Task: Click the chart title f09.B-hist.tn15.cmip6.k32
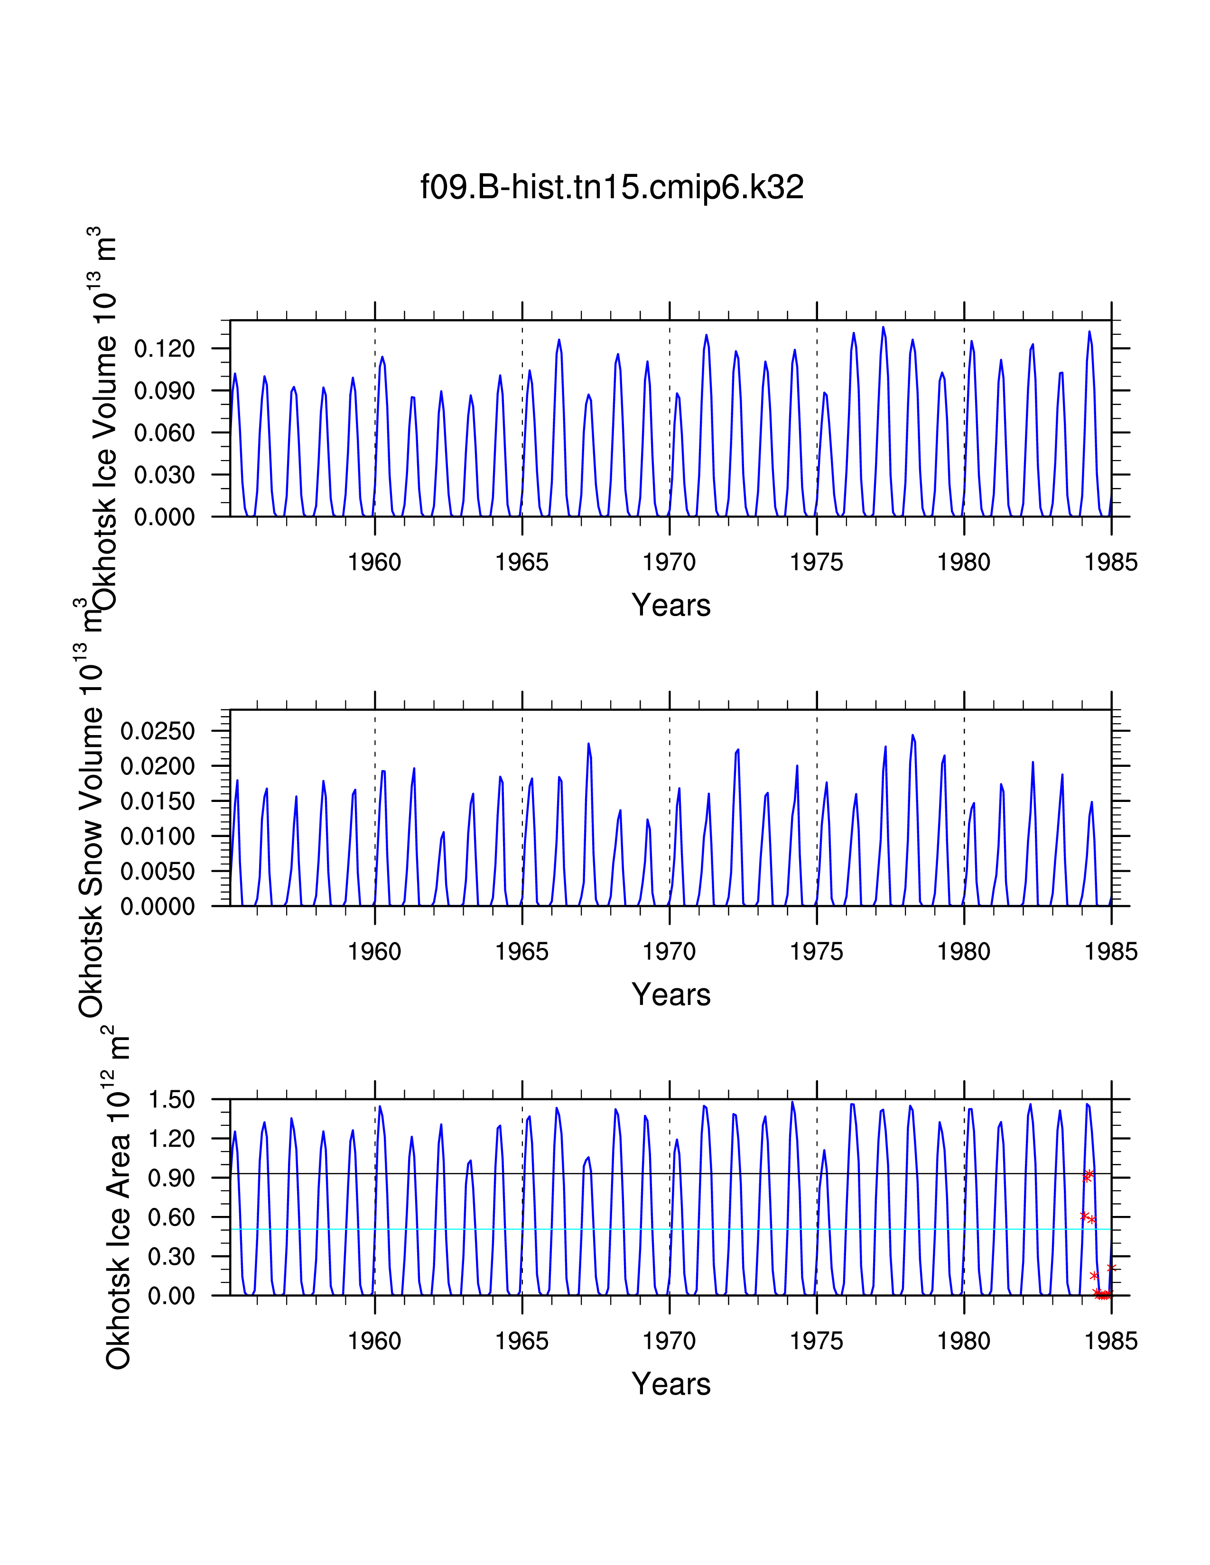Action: coord(612,187)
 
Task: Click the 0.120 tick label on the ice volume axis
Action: coord(164,349)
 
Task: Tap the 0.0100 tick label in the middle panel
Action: coord(158,836)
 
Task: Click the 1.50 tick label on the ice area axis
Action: coord(171,1100)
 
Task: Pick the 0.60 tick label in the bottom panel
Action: coord(171,1217)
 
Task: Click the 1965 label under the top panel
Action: coord(522,562)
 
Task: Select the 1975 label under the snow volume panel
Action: coord(817,952)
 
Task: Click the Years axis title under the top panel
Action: coord(671,606)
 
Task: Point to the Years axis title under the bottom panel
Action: coord(671,1384)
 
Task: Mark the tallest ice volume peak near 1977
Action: coord(883,328)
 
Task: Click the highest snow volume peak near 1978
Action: coord(912,735)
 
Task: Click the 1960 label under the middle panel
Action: coord(374,952)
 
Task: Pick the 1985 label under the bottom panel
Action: coord(1111,1341)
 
